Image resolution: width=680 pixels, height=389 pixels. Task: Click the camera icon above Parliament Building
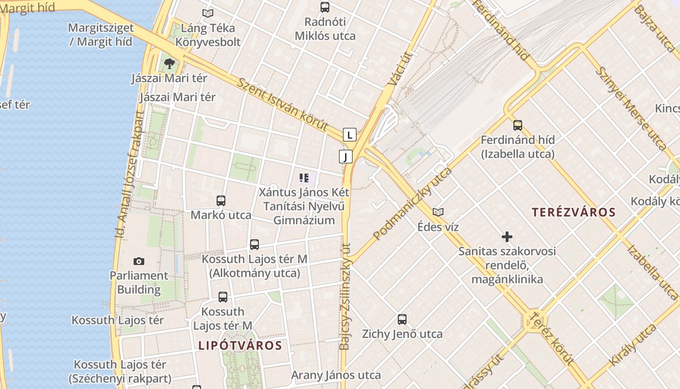[x=139, y=262]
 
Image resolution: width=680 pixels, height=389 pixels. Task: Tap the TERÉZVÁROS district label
[x=574, y=212]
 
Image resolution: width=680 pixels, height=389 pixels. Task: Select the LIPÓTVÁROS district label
[x=240, y=346]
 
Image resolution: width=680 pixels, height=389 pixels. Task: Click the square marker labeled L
[x=350, y=135]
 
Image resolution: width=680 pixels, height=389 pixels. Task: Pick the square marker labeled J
[x=345, y=157]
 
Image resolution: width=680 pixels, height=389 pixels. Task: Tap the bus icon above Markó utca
[x=221, y=200]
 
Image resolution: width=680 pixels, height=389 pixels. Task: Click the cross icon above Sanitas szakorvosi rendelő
[x=507, y=237]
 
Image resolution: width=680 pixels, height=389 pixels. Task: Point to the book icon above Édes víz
[x=438, y=212]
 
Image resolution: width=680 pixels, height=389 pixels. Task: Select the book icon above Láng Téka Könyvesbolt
[x=208, y=14]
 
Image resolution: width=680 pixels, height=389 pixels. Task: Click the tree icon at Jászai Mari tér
[x=170, y=63]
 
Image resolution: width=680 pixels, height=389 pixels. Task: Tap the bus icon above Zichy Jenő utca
[x=402, y=319]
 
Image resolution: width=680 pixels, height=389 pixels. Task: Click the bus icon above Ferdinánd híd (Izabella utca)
[x=518, y=125]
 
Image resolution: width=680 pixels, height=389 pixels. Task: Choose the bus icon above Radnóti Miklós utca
[x=325, y=7]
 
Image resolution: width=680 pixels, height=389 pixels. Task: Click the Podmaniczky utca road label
[x=412, y=204]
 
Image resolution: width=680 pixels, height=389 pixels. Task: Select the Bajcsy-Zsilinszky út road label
[x=345, y=297]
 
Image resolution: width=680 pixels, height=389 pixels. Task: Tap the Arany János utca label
[x=336, y=375]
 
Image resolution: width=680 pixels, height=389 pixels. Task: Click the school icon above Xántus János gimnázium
[x=304, y=178]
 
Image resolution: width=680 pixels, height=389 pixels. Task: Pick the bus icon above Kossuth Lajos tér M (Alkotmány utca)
[x=255, y=245]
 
